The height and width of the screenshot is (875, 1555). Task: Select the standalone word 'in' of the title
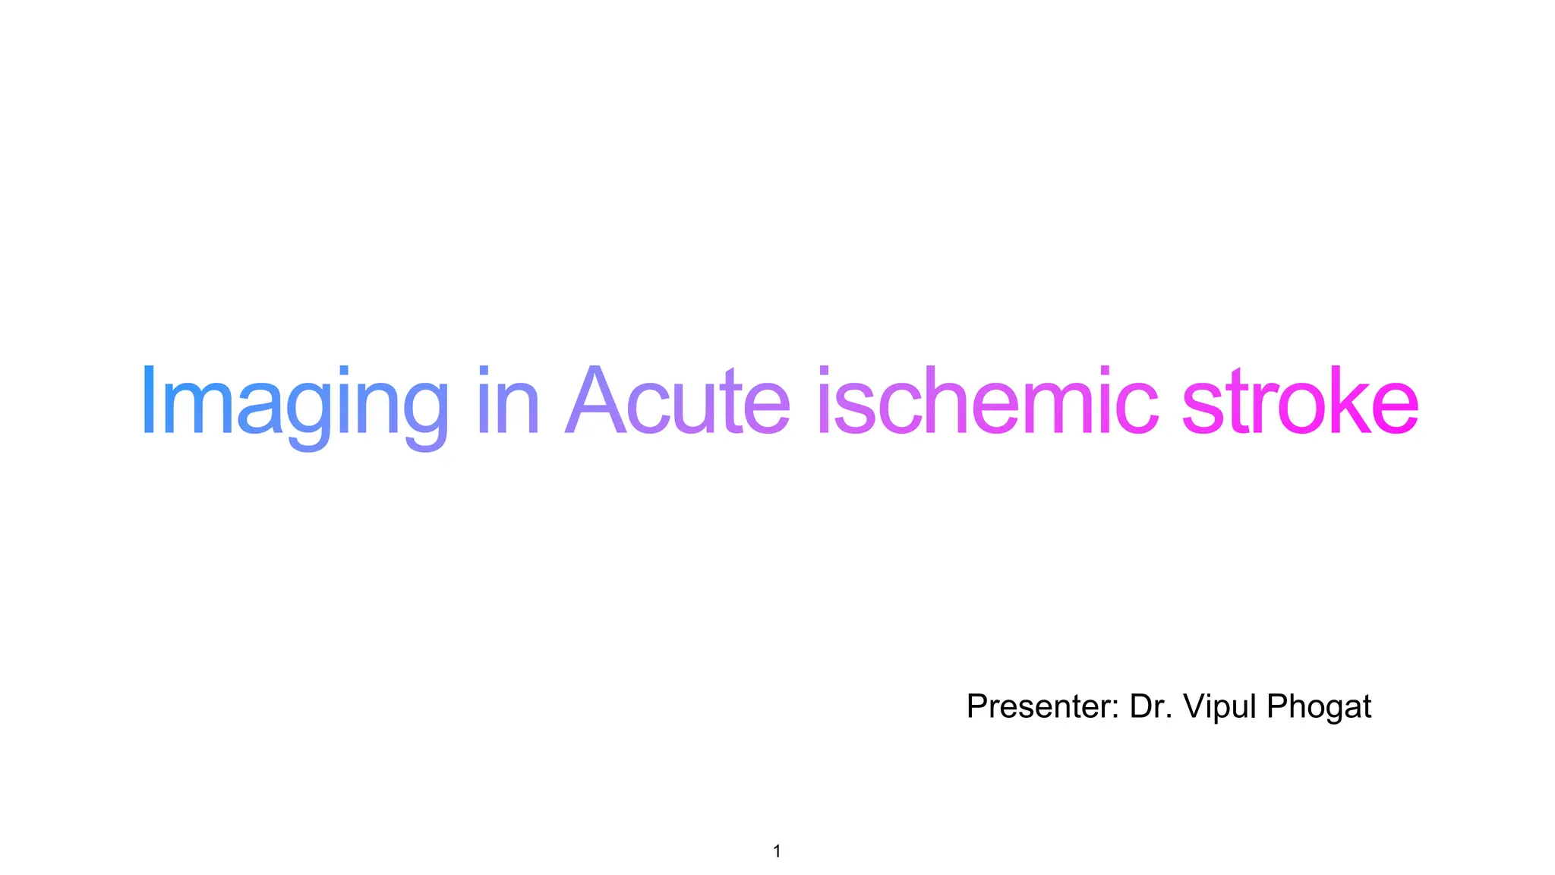(508, 403)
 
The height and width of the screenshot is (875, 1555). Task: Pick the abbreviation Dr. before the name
(1151, 706)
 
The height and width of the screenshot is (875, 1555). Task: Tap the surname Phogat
(1319, 706)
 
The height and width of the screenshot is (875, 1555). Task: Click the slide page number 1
(777, 851)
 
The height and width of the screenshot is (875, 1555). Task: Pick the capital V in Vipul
(1196, 706)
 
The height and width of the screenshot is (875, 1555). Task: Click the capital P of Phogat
(1277, 706)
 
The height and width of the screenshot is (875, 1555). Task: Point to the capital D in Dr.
(1141, 706)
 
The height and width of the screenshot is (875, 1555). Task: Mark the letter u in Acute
(695, 410)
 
